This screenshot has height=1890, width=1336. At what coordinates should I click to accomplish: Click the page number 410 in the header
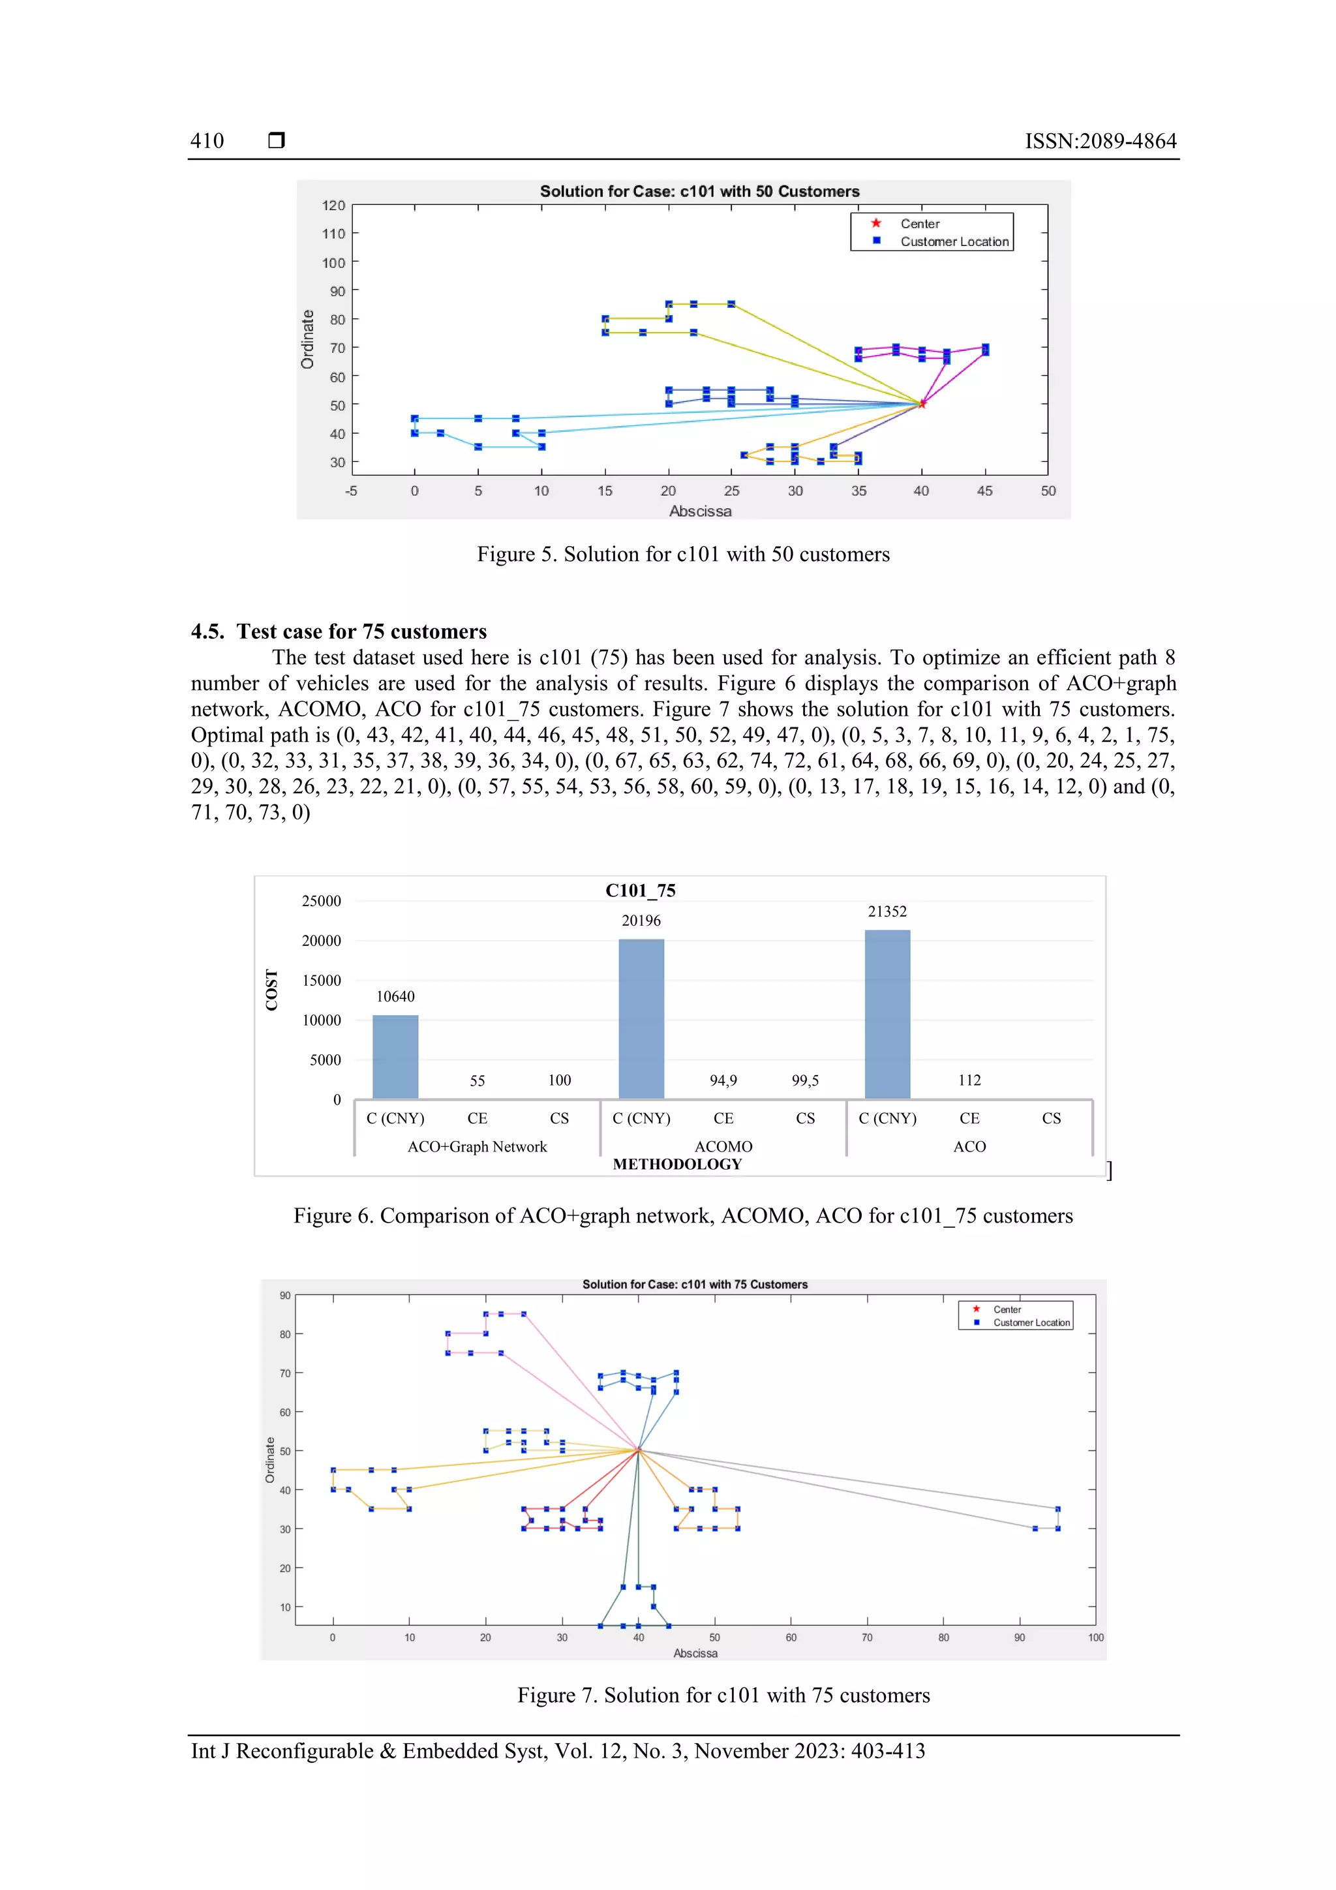point(207,141)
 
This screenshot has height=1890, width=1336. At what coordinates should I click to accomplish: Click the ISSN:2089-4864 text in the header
point(1100,142)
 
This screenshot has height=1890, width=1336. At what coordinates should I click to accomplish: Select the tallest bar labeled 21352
point(887,1013)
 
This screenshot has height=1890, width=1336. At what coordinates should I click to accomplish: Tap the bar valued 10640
point(395,1056)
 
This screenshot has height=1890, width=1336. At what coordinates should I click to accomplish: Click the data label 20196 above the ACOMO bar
point(641,921)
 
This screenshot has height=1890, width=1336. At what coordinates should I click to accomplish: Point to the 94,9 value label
point(723,1080)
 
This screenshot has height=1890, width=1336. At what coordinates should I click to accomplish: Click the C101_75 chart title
point(641,891)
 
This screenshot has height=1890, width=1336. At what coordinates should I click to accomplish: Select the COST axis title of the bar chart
point(271,990)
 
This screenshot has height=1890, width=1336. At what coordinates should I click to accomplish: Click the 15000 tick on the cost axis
point(321,981)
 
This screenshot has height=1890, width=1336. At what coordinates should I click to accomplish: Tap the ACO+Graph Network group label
point(477,1147)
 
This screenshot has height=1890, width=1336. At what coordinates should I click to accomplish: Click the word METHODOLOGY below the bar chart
point(676,1164)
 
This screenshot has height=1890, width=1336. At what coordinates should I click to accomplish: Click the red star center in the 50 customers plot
point(921,403)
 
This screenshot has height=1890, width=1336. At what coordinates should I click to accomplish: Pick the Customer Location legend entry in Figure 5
point(953,242)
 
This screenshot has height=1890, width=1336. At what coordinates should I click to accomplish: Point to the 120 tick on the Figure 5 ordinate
point(333,205)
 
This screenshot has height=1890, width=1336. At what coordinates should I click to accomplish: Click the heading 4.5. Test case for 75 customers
point(339,632)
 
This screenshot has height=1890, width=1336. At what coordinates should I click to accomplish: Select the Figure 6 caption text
point(682,1216)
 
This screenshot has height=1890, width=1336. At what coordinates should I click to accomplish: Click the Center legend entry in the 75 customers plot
point(1006,1309)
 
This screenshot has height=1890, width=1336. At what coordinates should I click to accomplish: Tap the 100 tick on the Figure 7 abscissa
point(1095,1638)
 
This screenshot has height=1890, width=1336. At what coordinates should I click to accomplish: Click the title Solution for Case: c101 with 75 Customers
point(694,1284)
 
